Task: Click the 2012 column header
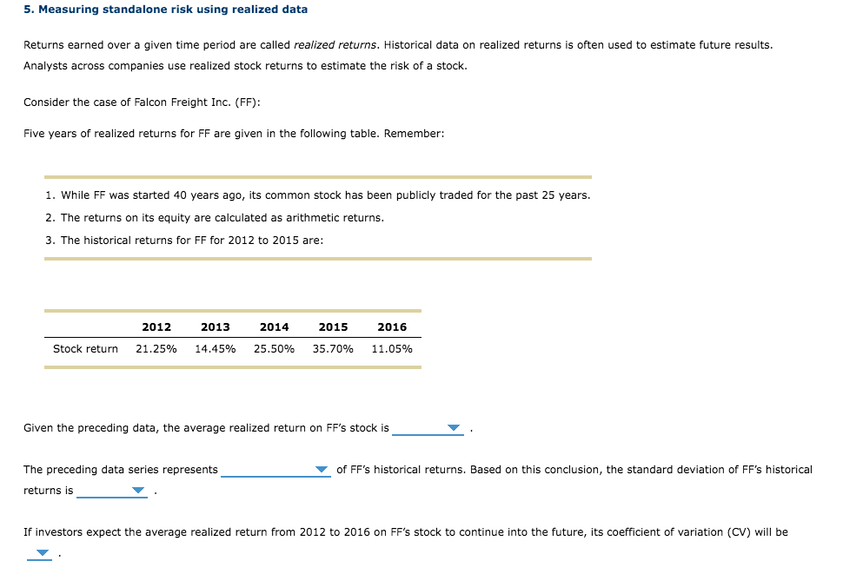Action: pyautogui.click(x=156, y=327)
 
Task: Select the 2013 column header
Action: pyautogui.click(x=216, y=327)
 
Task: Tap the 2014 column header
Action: pyautogui.click(x=275, y=327)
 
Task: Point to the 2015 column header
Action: pyautogui.click(x=334, y=327)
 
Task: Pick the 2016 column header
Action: pyautogui.click(x=392, y=327)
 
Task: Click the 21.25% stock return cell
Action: pyautogui.click(x=156, y=349)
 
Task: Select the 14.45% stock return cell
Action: pyautogui.click(x=216, y=349)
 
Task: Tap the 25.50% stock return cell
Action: pyautogui.click(x=275, y=349)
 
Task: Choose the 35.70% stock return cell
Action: pyautogui.click(x=334, y=349)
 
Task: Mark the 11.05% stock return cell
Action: pyautogui.click(x=392, y=349)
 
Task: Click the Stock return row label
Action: pyautogui.click(x=85, y=349)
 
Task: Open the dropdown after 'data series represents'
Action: pyautogui.click(x=276, y=470)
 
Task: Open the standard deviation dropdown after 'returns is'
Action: pyautogui.click(x=113, y=491)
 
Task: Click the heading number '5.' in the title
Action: pyautogui.click(x=29, y=10)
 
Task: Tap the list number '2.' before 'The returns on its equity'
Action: pyautogui.click(x=50, y=217)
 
